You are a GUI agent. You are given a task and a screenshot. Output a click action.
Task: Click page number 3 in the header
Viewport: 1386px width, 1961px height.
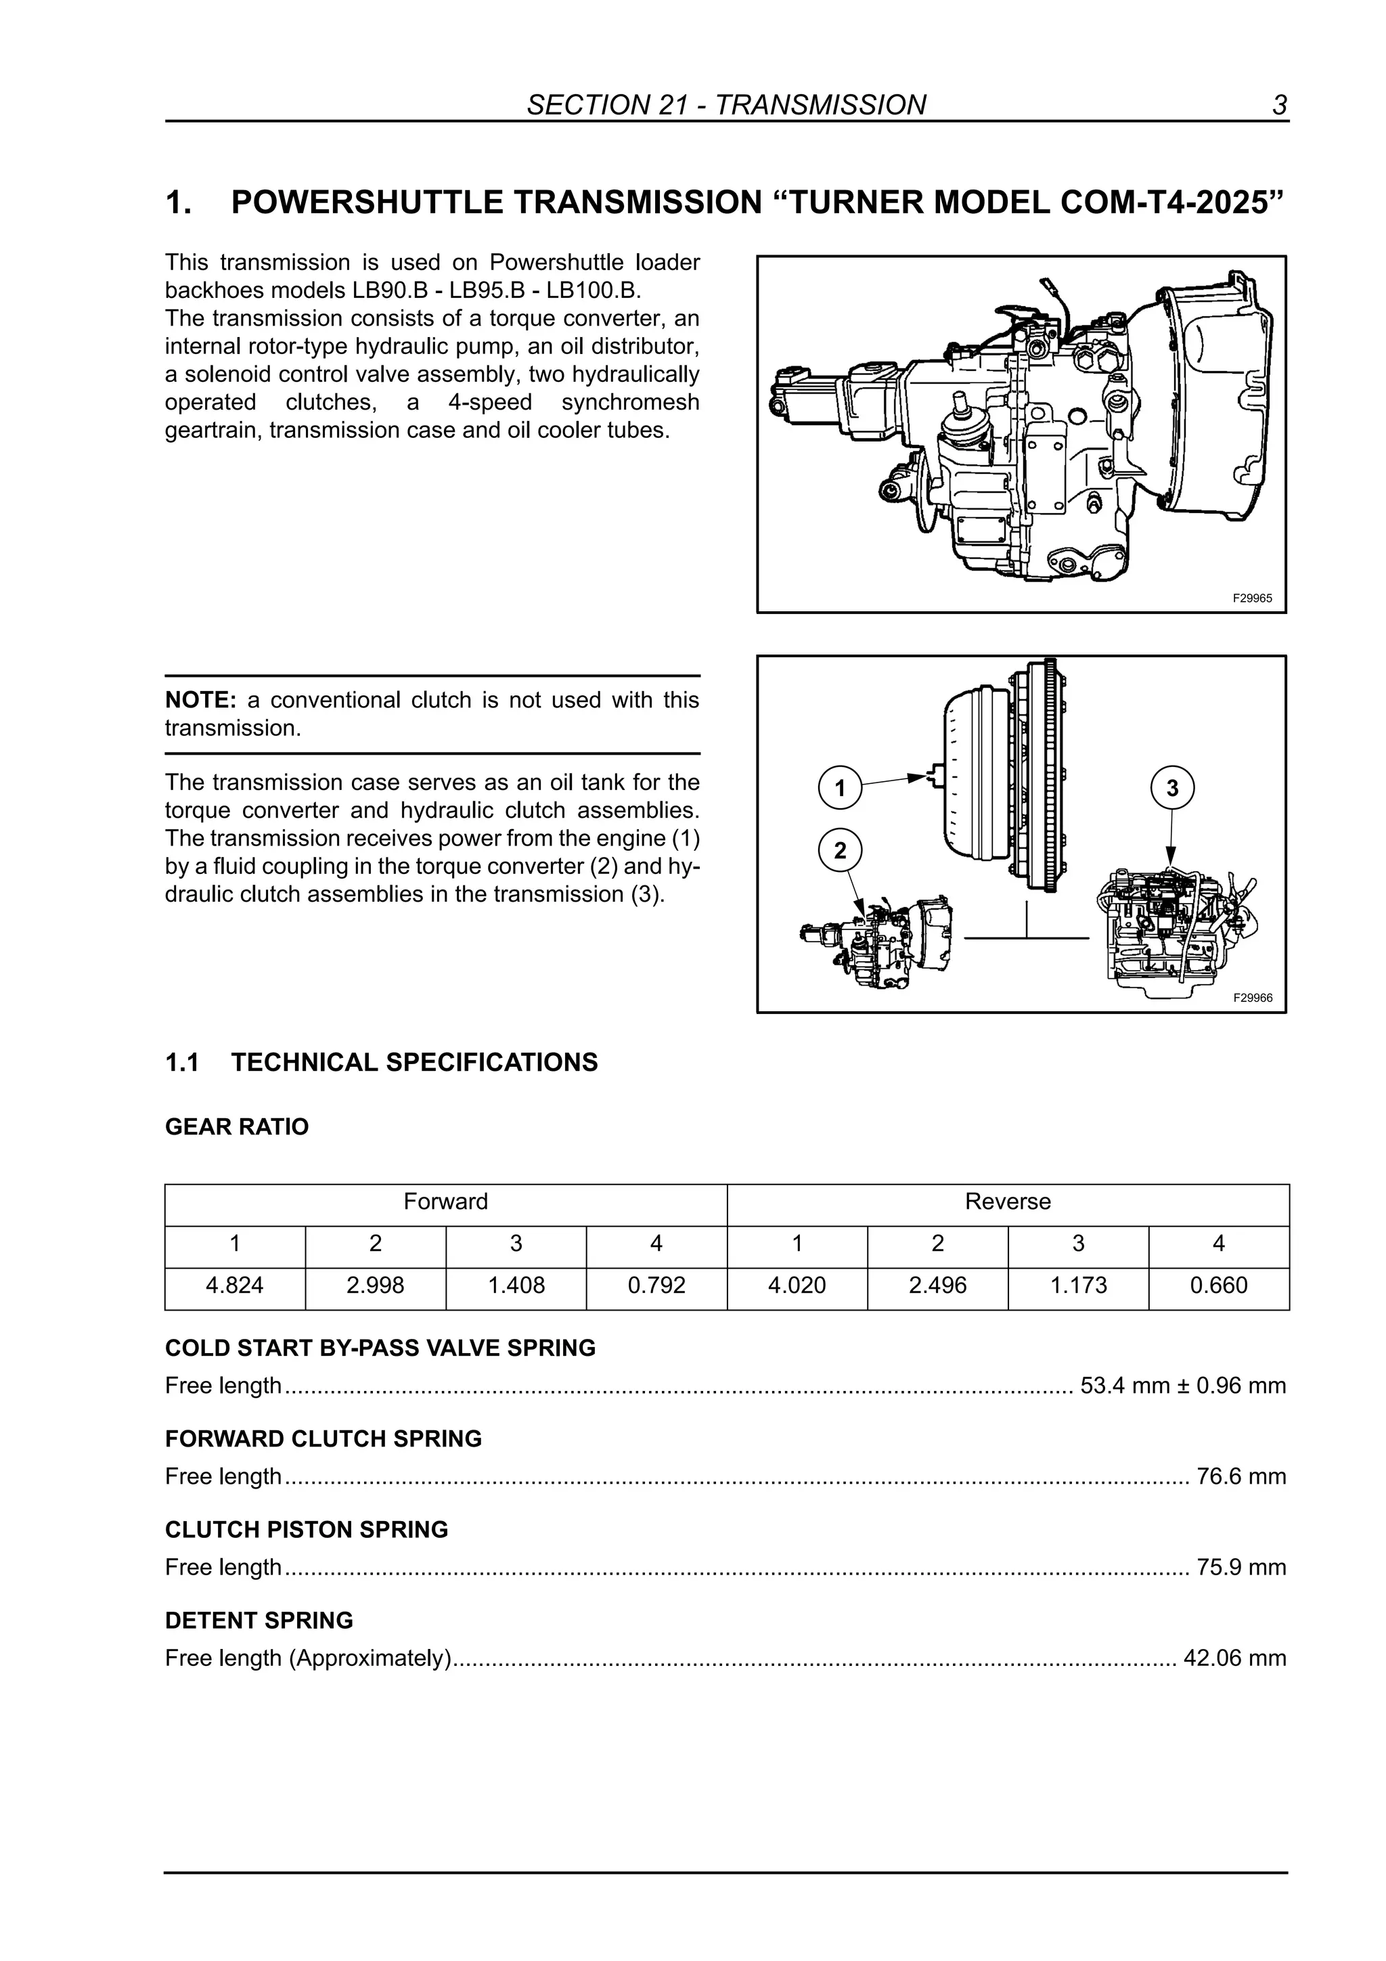[x=1279, y=105]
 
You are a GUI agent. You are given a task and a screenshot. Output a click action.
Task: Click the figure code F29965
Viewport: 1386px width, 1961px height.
[x=1252, y=598]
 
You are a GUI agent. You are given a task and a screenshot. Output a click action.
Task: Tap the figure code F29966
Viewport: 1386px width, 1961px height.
[x=1252, y=998]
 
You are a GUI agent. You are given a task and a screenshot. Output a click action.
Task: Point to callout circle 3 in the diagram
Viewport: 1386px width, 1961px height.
[x=1171, y=787]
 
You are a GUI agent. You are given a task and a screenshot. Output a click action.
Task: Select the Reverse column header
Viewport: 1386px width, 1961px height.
[x=1008, y=1202]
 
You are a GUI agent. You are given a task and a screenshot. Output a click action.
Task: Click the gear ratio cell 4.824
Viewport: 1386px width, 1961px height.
[x=235, y=1285]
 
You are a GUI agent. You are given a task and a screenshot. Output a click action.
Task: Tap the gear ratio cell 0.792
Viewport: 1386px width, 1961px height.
[x=656, y=1285]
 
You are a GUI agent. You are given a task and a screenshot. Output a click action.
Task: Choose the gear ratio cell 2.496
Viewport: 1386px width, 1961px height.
[x=938, y=1285]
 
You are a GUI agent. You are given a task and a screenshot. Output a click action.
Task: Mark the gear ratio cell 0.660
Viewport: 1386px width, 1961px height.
[x=1219, y=1285]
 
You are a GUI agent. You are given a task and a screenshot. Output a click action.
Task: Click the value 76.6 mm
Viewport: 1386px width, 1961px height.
[x=1240, y=1477]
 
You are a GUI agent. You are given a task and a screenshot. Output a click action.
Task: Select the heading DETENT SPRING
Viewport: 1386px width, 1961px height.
[x=259, y=1621]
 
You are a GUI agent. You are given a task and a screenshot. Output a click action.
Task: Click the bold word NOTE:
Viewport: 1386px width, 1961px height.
[x=200, y=701]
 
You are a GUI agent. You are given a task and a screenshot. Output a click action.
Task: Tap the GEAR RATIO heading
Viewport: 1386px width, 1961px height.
[x=237, y=1128]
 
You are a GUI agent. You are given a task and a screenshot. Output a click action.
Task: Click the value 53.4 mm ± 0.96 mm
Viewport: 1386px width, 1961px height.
[x=1183, y=1386]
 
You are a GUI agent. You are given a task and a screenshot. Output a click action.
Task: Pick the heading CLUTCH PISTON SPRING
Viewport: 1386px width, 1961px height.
[x=307, y=1530]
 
